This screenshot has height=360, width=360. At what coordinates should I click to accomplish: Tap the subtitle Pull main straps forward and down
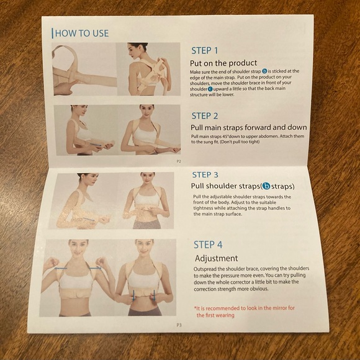click(x=248, y=127)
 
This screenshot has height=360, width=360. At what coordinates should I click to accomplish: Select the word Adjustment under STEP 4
click(x=216, y=258)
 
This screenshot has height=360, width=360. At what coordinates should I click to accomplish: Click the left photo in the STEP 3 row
click(x=84, y=200)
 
